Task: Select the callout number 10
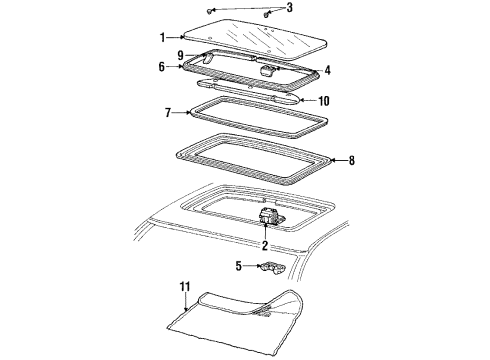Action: point(322,100)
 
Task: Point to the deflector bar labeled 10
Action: point(250,91)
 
